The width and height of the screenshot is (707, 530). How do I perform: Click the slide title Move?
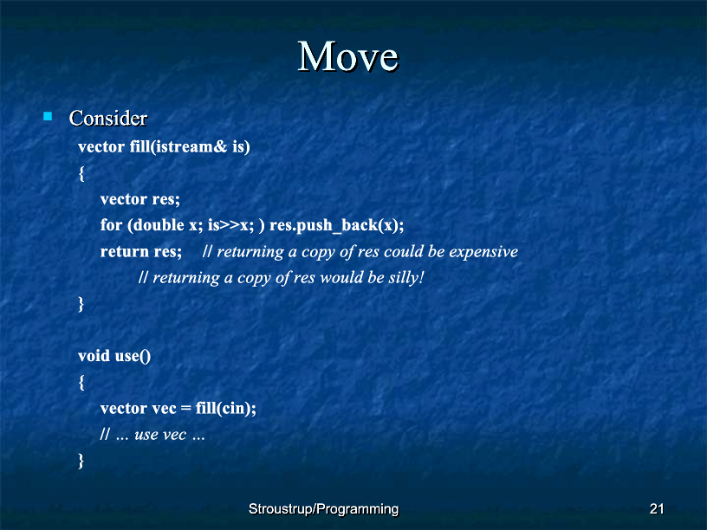pyautogui.click(x=348, y=56)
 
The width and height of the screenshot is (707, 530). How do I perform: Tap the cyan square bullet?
pyautogui.click(x=48, y=116)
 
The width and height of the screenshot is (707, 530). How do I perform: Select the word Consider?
pyautogui.click(x=108, y=118)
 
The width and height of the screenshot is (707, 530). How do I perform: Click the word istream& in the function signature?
pyautogui.click(x=190, y=147)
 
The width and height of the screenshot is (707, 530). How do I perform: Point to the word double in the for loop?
pyautogui.click(x=159, y=225)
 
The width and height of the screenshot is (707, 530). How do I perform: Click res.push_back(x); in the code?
pyautogui.click(x=336, y=225)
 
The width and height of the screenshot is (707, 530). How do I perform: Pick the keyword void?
pyautogui.click(x=94, y=356)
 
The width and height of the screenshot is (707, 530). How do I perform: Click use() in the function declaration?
pyautogui.click(x=133, y=357)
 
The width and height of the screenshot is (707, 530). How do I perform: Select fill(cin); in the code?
pyautogui.click(x=226, y=408)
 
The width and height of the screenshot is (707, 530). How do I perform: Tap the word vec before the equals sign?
pyautogui.click(x=164, y=409)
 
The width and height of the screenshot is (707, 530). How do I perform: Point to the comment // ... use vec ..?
pyautogui.click(x=152, y=435)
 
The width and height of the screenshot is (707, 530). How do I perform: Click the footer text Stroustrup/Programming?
pyautogui.click(x=324, y=509)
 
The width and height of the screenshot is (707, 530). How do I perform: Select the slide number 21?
pyautogui.click(x=657, y=509)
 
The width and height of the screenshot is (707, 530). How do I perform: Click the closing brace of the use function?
pyautogui.click(x=81, y=461)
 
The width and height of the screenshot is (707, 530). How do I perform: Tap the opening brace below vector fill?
pyautogui.click(x=81, y=173)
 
